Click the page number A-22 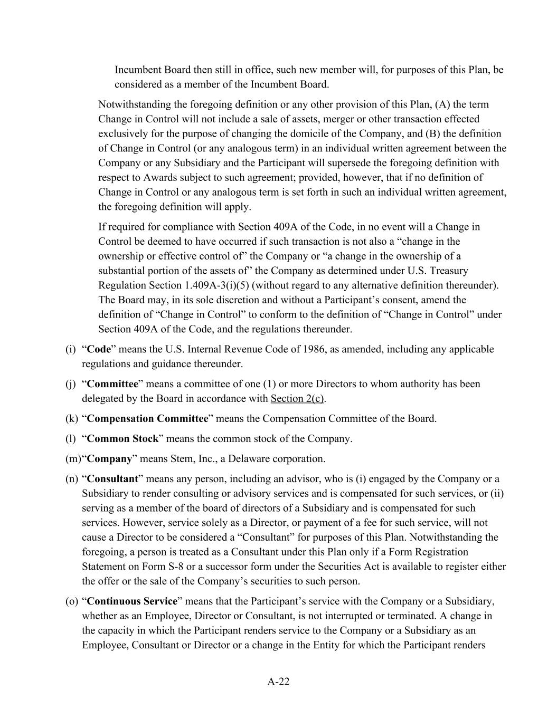[278, 681]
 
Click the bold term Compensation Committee [147, 418]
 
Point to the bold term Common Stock [122, 438]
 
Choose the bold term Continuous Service [132, 601]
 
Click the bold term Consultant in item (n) [112, 478]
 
